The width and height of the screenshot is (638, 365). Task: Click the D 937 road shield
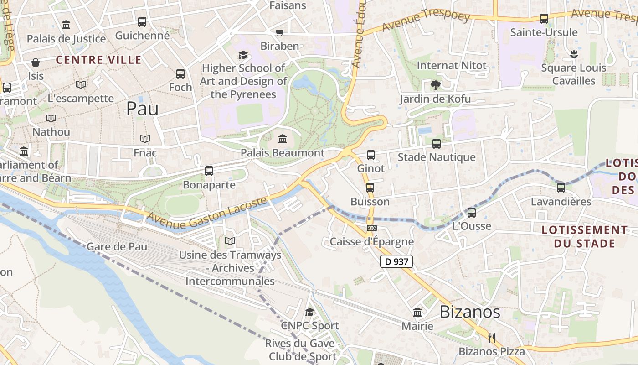pyautogui.click(x=396, y=261)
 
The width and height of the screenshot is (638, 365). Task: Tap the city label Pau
pyautogui.click(x=142, y=109)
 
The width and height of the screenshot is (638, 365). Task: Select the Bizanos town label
pyautogui.click(x=469, y=312)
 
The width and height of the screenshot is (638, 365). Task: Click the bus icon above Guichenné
pyautogui.click(x=142, y=21)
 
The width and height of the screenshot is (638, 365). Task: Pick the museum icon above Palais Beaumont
pyautogui.click(x=283, y=139)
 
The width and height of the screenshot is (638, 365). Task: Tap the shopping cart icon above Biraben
pyautogui.click(x=279, y=32)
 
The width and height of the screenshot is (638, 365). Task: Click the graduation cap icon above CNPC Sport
pyautogui.click(x=310, y=312)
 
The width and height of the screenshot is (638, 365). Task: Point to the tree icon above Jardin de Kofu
pyautogui.click(x=435, y=85)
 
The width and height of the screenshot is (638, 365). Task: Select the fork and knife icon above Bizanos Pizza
pyautogui.click(x=492, y=338)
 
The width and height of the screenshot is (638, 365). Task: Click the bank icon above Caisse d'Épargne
pyautogui.click(x=371, y=228)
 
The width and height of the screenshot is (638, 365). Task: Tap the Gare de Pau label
pyautogui.click(x=117, y=247)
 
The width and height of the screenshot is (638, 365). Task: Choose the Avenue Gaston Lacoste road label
pyautogui.click(x=207, y=213)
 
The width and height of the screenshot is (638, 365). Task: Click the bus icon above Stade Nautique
pyautogui.click(x=437, y=144)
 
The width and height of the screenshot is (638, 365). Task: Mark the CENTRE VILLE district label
pyautogui.click(x=98, y=60)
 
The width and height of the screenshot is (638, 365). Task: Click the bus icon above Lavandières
pyautogui.click(x=561, y=188)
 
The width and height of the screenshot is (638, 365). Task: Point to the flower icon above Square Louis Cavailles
pyautogui.click(x=573, y=54)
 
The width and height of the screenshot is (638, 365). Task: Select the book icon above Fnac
pyautogui.click(x=145, y=139)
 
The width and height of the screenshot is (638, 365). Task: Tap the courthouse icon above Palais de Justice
pyautogui.click(x=66, y=25)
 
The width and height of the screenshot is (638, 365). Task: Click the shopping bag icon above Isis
pyautogui.click(x=36, y=62)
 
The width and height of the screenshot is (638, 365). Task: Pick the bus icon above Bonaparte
pyautogui.click(x=209, y=171)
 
